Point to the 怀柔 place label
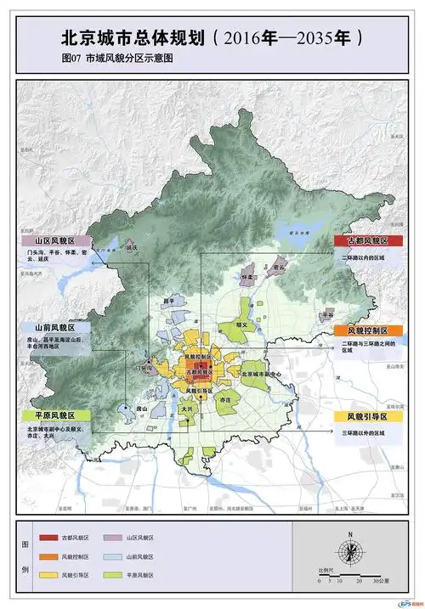248,277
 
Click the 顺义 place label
241,324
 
